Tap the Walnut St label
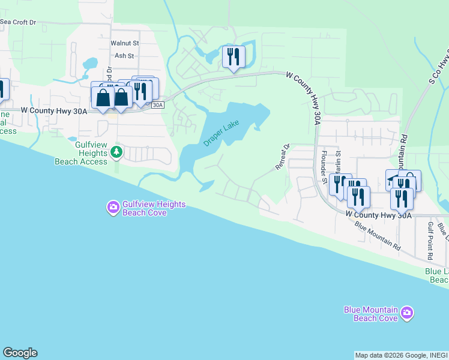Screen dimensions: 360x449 (x=124, y=43)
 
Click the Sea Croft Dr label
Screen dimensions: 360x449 (x=18, y=22)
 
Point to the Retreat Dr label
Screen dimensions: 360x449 (x=282, y=156)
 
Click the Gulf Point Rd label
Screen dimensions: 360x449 (x=430, y=240)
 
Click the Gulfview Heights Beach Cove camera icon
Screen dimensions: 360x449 (x=113, y=208)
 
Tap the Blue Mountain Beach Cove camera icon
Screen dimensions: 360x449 (x=408, y=313)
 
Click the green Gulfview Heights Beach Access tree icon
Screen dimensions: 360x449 (x=118, y=153)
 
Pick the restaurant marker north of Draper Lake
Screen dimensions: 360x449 (x=233, y=57)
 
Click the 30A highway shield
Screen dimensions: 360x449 (x=157, y=105)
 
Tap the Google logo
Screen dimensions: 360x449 (x=19, y=353)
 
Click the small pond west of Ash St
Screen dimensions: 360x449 (x=90, y=63)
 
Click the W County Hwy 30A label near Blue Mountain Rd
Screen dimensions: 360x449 (x=379, y=214)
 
